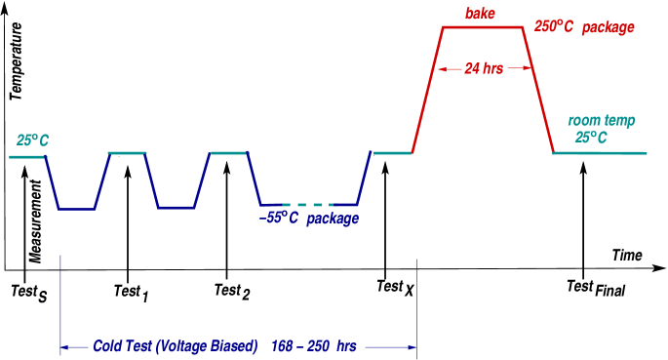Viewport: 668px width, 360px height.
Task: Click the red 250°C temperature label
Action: [x=554, y=27]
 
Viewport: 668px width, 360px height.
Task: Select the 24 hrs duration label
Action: [x=484, y=68]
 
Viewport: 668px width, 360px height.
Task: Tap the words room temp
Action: [x=602, y=121]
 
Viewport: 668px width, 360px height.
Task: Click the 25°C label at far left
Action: [x=32, y=140]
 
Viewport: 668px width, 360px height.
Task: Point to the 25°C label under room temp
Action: [x=591, y=138]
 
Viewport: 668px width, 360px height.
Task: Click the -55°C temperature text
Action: [x=279, y=219]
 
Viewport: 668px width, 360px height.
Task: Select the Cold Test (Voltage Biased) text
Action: [x=176, y=345]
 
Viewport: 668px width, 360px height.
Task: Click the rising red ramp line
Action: [x=428, y=90]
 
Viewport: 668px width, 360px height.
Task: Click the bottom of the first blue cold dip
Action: [x=76, y=208]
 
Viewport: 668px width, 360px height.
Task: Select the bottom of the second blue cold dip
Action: [x=177, y=208]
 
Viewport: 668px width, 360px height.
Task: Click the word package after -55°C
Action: [x=333, y=219]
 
